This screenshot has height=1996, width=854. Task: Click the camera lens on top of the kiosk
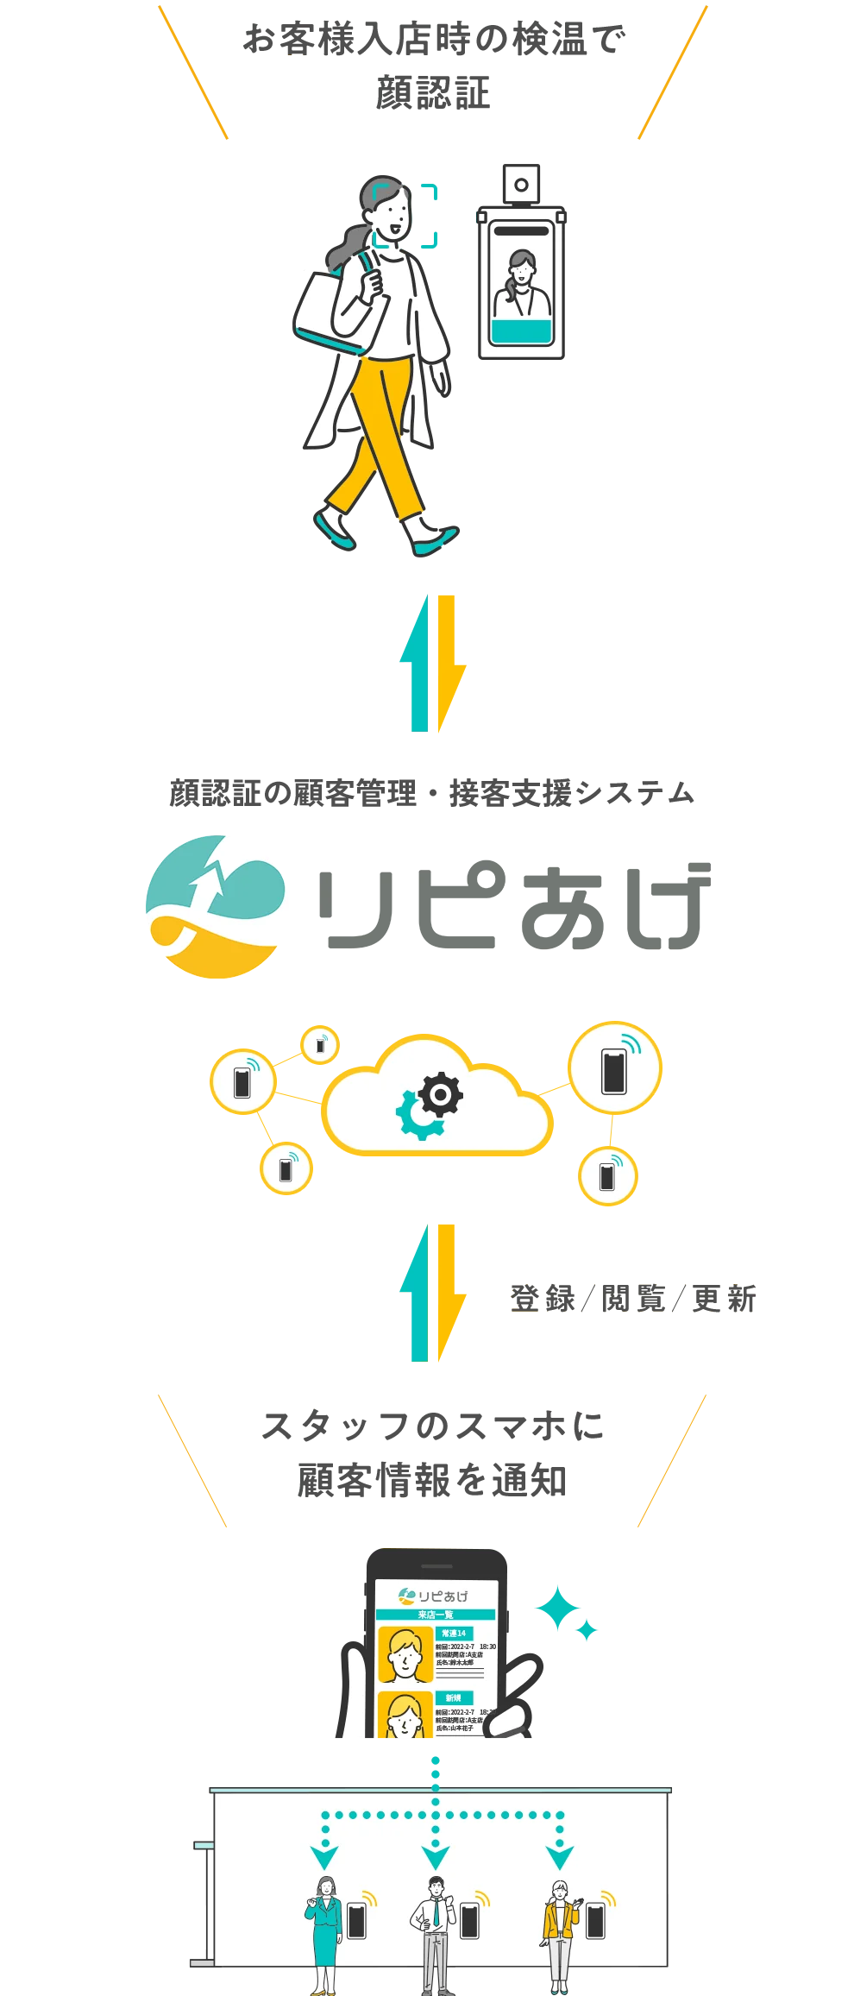(521, 185)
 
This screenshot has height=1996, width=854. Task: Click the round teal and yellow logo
(215, 906)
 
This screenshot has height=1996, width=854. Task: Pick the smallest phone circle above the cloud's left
(320, 1045)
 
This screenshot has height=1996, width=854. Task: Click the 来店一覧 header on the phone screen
(436, 1614)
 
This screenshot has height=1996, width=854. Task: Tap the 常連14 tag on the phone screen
(454, 1633)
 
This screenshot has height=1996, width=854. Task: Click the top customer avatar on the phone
(405, 1653)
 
